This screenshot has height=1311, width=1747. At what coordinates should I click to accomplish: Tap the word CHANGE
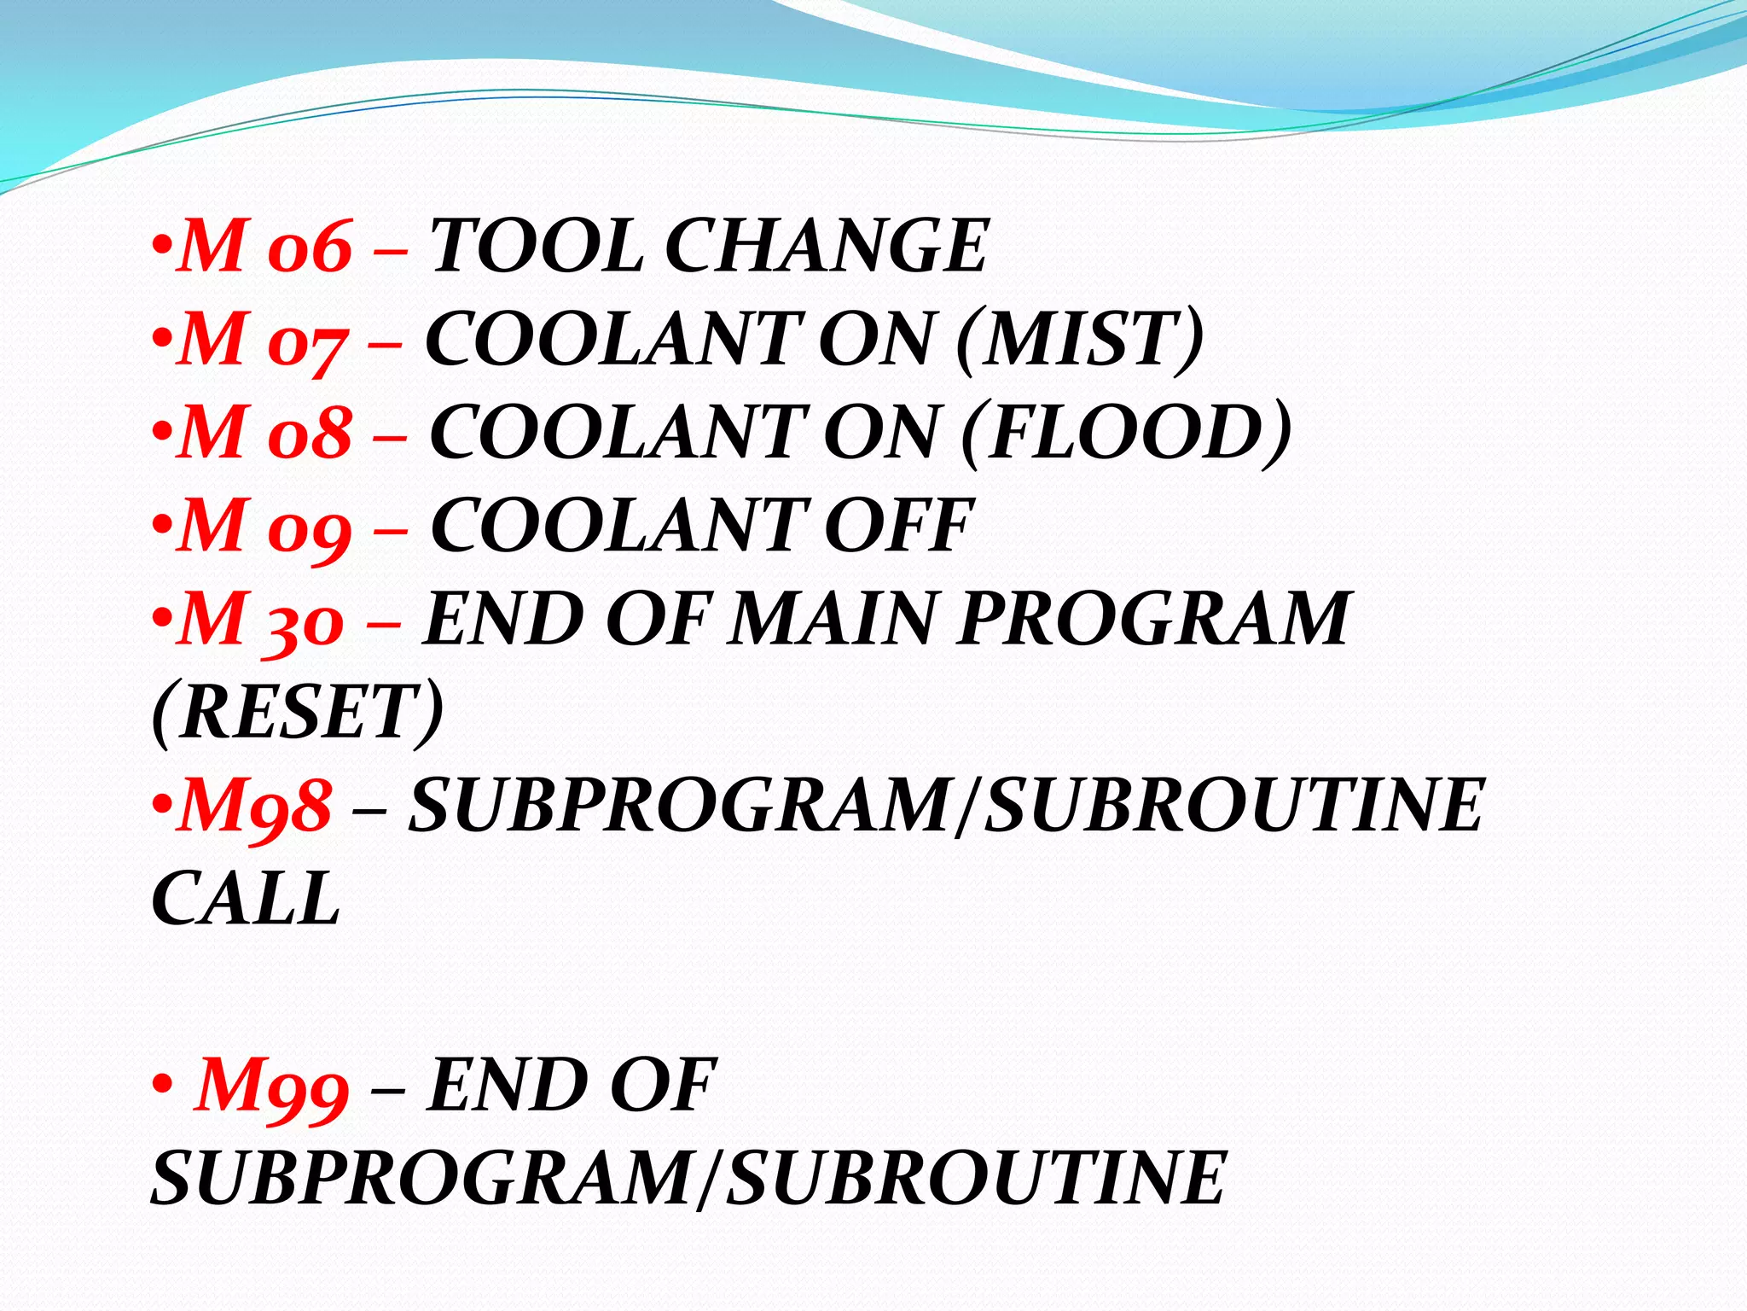point(826,246)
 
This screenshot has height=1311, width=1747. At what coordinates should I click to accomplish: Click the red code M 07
point(263,340)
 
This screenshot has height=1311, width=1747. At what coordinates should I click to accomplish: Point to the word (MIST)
point(1080,340)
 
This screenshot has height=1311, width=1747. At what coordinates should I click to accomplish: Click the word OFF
point(897,527)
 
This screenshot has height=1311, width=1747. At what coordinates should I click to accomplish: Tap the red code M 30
point(261,621)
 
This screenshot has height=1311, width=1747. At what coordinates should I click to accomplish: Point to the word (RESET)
point(298,713)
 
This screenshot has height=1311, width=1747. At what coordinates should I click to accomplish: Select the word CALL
point(246,899)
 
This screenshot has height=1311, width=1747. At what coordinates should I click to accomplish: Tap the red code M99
point(271,1087)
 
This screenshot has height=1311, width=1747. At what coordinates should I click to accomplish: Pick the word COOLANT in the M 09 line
point(618,527)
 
